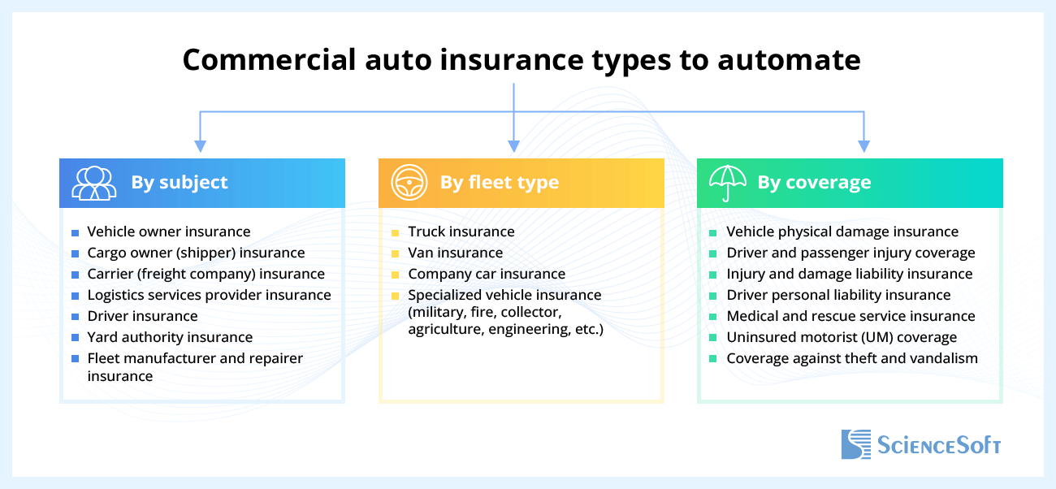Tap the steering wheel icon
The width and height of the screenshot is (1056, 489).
(409, 183)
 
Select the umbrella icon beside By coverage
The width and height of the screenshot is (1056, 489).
(727, 182)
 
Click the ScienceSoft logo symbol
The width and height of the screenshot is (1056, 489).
(855, 444)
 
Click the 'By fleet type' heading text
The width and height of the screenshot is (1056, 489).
(500, 183)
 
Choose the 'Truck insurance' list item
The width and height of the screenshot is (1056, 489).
(461, 232)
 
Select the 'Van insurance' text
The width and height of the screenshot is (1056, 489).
(456, 253)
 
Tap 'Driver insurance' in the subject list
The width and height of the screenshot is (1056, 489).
(142, 316)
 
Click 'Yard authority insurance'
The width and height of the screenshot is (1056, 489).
(170, 337)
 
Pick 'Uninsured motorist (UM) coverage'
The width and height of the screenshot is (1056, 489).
(842, 337)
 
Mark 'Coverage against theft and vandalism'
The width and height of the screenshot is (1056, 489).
(852, 358)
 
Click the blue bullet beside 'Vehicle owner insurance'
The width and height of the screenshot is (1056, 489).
(75, 233)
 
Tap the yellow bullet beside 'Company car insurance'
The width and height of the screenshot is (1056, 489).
(395, 275)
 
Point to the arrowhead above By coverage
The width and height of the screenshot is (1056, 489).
(864, 146)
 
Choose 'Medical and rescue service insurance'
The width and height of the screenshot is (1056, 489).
(850, 316)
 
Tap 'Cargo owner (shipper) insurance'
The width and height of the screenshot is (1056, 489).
(196, 253)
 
